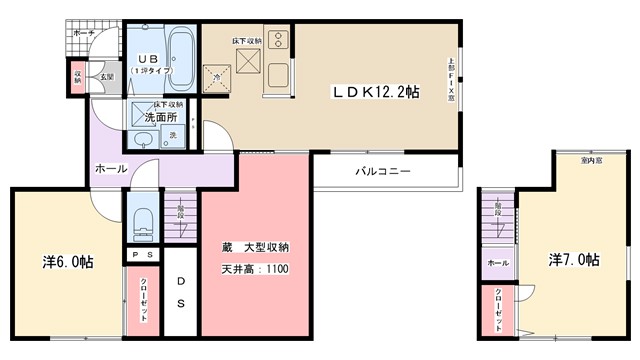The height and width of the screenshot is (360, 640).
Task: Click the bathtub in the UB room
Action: tap(181, 60)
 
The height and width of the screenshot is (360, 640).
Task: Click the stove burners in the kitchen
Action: tap(276, 42)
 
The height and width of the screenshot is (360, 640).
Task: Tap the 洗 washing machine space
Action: tap(172, 136)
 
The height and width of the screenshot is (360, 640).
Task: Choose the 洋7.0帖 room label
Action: tap(573, 260)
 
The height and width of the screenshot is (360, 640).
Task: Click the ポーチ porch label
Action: tap(83, 33)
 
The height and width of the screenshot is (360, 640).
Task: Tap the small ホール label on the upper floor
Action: tap(497, 262)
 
